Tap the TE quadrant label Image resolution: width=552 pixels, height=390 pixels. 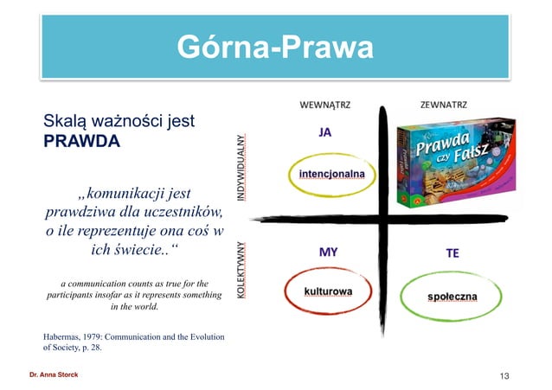pos(453,253)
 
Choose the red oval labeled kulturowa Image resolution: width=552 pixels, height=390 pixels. pos(327,291)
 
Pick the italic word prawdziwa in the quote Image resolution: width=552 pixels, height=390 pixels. pos(79,212)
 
